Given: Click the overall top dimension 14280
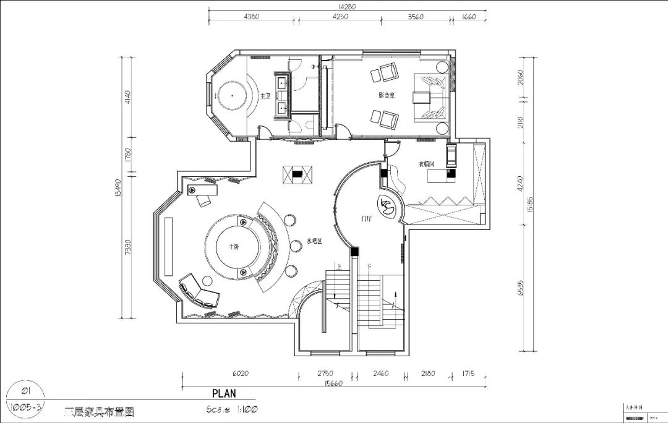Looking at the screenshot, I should [347, 7].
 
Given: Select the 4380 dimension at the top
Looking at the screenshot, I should [253, 17].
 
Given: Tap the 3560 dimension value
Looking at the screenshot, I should [416, 17].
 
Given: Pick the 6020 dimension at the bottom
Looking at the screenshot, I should [239, 374].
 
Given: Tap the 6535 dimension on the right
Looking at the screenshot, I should [521, 289].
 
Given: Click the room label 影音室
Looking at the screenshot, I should [387, 95].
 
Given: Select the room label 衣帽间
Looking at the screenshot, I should [426, 164].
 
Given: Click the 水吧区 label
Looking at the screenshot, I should [314, 242].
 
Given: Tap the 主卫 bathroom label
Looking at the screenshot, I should [265, 96].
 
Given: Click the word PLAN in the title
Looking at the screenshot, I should [224, 393].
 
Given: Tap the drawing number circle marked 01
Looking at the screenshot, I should [26, 391].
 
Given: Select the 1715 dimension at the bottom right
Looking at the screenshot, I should [469, 374].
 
